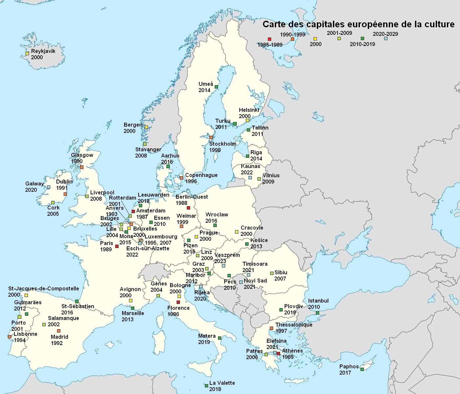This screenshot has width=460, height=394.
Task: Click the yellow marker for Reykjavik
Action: pyautogui.click(x=28, y=53)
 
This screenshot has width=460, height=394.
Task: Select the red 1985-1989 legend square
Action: pyautogui.click(x=269, y=39)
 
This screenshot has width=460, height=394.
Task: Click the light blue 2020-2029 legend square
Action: pyautogui.click(x=386, y=38)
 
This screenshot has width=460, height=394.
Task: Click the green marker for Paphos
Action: pyautogui.click(x=362, y=369)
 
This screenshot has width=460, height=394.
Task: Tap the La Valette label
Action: pyautogui.click(x=222, y=383)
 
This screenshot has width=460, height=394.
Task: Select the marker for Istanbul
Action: pyautogui.click(x=318, y=312)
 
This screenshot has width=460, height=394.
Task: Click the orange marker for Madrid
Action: pyautogui.click(x=59, y=331)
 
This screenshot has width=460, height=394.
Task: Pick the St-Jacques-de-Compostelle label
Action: pyautogui.click(x=44, y=288)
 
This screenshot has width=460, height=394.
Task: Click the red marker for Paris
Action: pyautogui.click(x=117, y=246)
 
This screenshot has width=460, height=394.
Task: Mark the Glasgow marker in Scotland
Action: pyautogui.click(x=82, y=167)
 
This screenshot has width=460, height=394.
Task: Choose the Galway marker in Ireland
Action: pyautogui.click(x=49, y=187)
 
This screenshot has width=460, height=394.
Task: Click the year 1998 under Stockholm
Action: pyautogui.click(x=215, y=150)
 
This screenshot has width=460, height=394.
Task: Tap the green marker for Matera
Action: pyautogui.click(x=220, y=338)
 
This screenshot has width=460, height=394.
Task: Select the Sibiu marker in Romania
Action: pyautogui.click(x=272, y=273)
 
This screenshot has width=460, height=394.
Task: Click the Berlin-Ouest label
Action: pyautogui.click(x=192, y=197)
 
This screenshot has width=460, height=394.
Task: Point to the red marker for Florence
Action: pyautogui.click(x=178, y=302)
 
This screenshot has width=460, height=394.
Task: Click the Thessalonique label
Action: pyautogui.click(x=294, y=325)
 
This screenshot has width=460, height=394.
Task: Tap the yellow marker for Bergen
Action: pyautogui.click(x=146, y=127)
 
